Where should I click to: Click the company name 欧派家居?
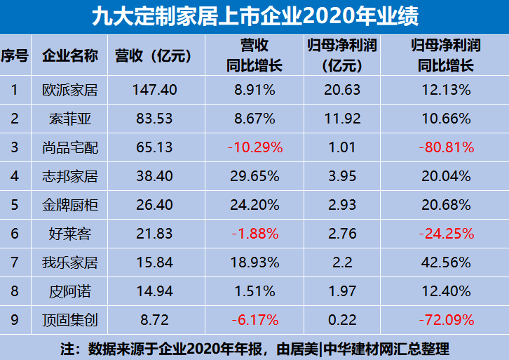[70, 90]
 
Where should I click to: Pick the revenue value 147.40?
[155, 90]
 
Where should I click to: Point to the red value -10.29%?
[255, 147]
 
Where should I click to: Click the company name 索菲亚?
[70, 119]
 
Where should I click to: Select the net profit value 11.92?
[342, 119]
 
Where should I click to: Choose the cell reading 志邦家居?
[70, 177]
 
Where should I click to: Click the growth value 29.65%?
[255, 177]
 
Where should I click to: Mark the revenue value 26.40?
[155, 206]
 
